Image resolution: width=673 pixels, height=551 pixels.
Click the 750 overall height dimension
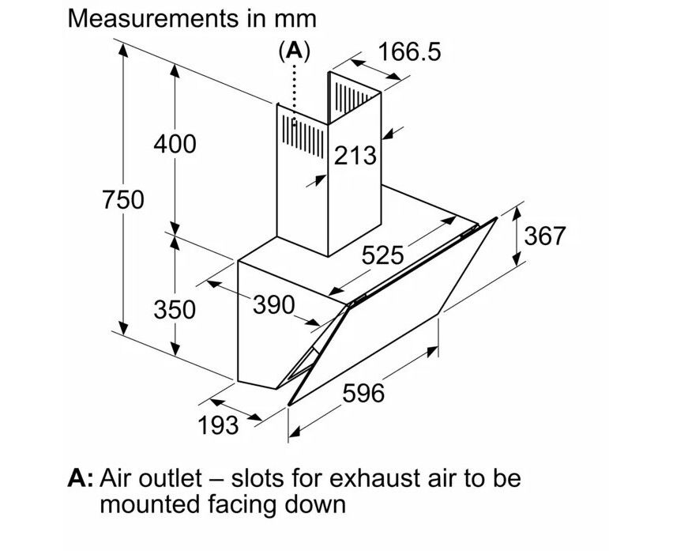[x=123, y=200]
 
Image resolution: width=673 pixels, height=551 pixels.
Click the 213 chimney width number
[x=355, y=155]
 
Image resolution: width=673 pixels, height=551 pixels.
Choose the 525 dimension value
[x=382, y=255]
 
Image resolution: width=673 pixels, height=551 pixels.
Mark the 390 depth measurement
[x=273, y=304]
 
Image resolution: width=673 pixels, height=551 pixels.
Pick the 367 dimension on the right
[x=545, y=235]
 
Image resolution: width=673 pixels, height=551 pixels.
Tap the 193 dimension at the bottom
[x=216, y=425]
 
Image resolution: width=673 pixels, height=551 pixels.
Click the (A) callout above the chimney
[x=295, y=51]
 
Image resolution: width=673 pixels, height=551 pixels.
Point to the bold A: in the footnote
[x=81, y=478]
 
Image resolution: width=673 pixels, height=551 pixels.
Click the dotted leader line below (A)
[x=295, y=91]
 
